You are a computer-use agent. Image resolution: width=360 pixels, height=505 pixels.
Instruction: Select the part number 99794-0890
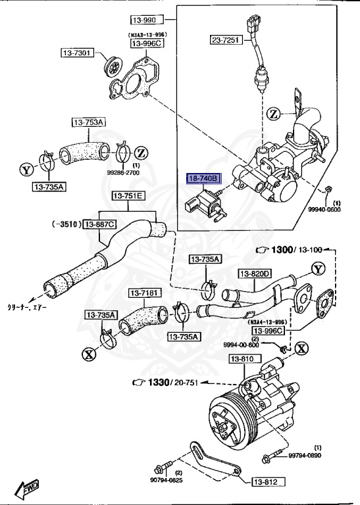click(322, 455)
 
